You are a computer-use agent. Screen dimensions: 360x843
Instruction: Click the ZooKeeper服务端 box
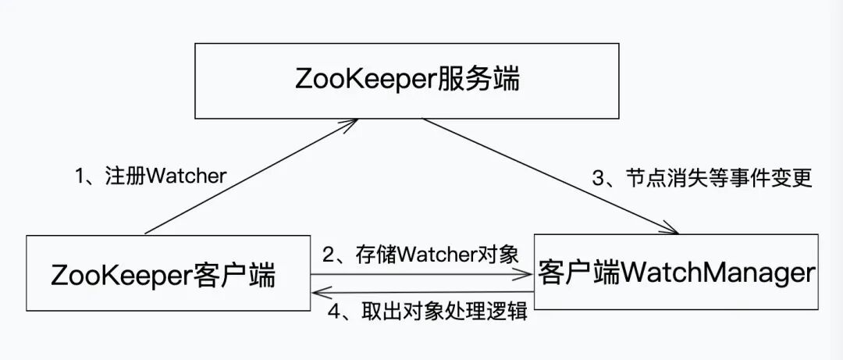click(407, 81)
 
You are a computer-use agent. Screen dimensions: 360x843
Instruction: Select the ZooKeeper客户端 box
click(169, 276)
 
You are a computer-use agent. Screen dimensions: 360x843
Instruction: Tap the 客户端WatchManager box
click(676, 273)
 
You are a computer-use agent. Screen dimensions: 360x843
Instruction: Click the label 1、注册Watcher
click(151, 176)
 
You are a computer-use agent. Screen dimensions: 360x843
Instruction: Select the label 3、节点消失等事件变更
click(702, 178)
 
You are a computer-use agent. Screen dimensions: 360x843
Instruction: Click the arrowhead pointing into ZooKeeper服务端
click(353, 123)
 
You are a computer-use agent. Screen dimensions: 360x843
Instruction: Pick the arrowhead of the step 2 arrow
click(527, 274)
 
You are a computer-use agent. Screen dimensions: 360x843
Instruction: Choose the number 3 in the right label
click(599, 178)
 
